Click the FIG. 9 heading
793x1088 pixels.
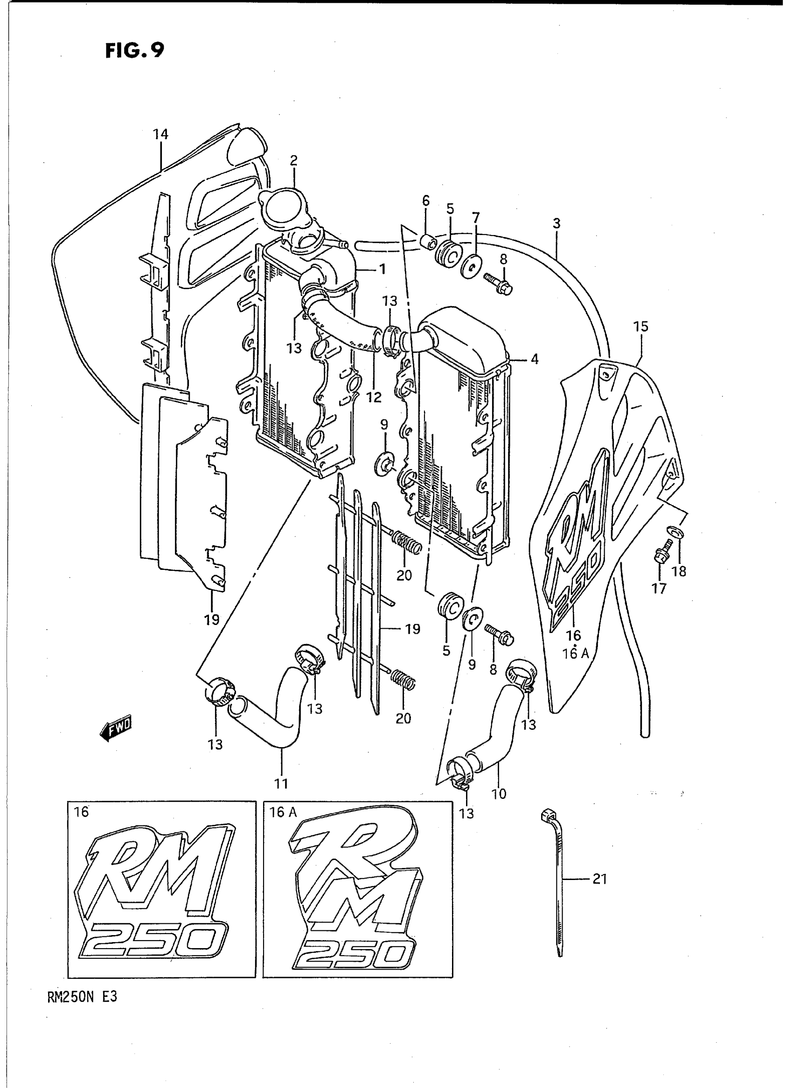(x=135, y=50)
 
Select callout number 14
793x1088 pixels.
(x=161, y=134)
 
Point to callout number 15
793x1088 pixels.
(x=640, y=326)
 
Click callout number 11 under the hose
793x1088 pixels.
(x=281, y=784)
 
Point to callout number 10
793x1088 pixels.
(x=499, y=794)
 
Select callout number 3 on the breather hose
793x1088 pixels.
(x=556, y=223)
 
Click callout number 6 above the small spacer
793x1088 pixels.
(x=426, y=201)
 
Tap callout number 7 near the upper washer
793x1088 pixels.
(x=475, y=218)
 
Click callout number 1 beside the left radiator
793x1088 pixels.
(x=382, y=270)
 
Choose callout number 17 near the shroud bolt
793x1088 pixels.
(x=659, y=589)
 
